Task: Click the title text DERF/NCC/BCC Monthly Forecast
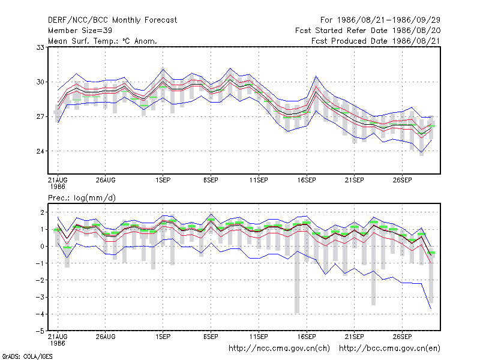pyautogui.click(x=112, y=20)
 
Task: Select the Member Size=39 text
pyautogui.click(x=80, y=31)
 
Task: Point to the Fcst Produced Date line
pyautogui.click(x=376, y=41)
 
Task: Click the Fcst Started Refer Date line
pyautogui.click(x=368, y=31)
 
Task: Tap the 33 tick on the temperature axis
pyautogui.click(x=40, y=47)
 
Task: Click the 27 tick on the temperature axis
pyautogui.click(x=40, y=116)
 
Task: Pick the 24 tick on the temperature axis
pyautogui.click(x=40, y=151)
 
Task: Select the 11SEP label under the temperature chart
pyautogui.click(x=259, y=180)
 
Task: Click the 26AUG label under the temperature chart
pyautogui.click(x=106, y=180)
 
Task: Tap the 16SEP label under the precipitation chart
pyautogui.click(x=307, y=337)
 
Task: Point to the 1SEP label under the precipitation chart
pyautogui.click(x=163, y=337)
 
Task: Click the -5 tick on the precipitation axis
pyautogui.click(x=40, y=331)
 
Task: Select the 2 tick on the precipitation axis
pyautogui.click(x=42, y=212)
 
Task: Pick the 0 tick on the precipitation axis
pyautogui.click(x=42, y=247)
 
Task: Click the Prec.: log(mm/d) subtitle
pyautogui.click(x=82, y=198)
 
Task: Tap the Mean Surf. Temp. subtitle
pyautogui.click(x=103, y=41)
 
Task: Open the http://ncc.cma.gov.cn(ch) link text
pyautogui.click(x=279, y=349)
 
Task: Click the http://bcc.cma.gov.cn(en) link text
pyautogui.click(x=389, y=349)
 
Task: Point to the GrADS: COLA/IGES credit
pyautogui.click(x=27, y=356)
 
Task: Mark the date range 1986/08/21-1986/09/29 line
pyautogui.click(x=380, y=20)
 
